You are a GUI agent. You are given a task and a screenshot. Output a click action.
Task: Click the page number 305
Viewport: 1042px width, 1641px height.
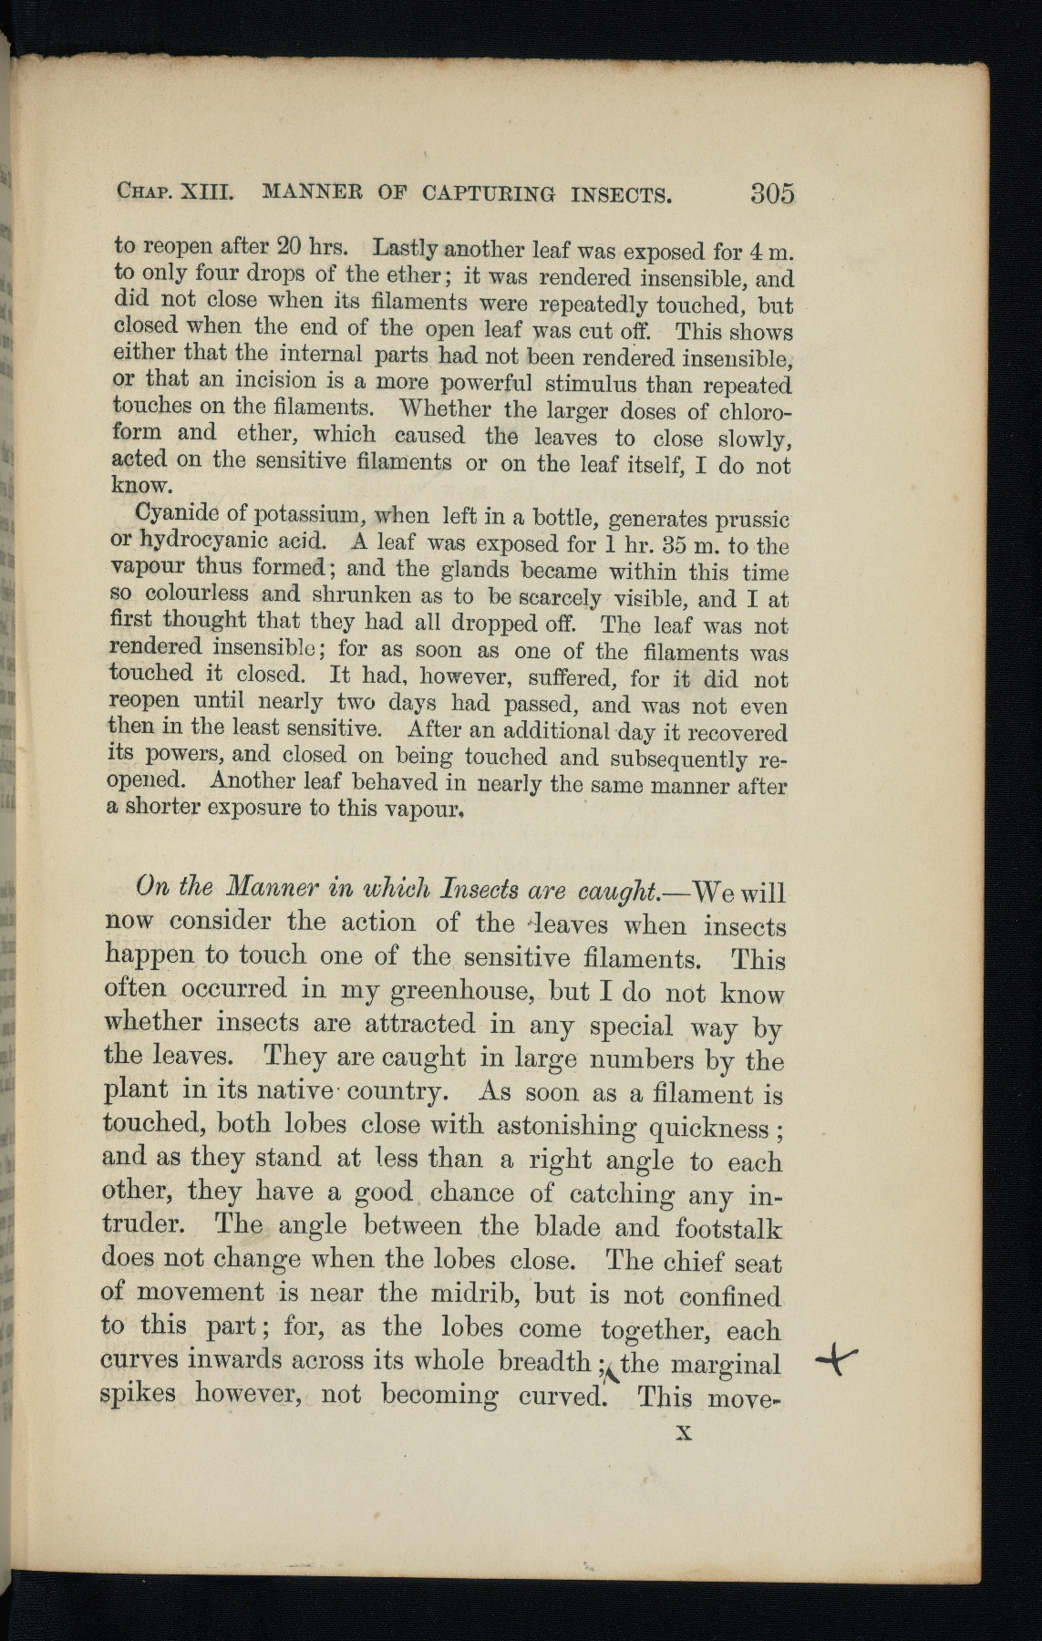(772, 193)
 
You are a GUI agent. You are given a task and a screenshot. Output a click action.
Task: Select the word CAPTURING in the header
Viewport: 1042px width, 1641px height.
(489, 193)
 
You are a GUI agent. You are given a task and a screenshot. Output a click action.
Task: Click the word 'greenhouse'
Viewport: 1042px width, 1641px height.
(461, 990)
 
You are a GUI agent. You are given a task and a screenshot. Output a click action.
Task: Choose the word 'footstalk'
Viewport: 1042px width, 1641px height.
(727, 1228)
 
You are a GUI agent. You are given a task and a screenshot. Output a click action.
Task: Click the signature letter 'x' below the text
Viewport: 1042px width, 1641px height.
(684, 1432)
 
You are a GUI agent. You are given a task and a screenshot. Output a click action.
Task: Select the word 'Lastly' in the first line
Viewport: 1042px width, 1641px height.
(407, 248)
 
